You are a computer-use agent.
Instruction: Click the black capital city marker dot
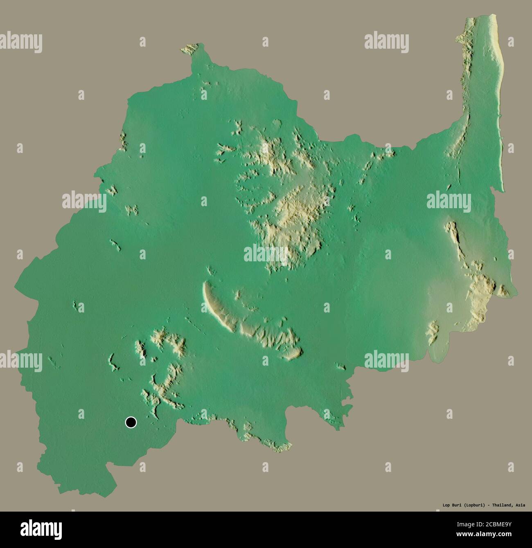[x=131, y=422]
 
